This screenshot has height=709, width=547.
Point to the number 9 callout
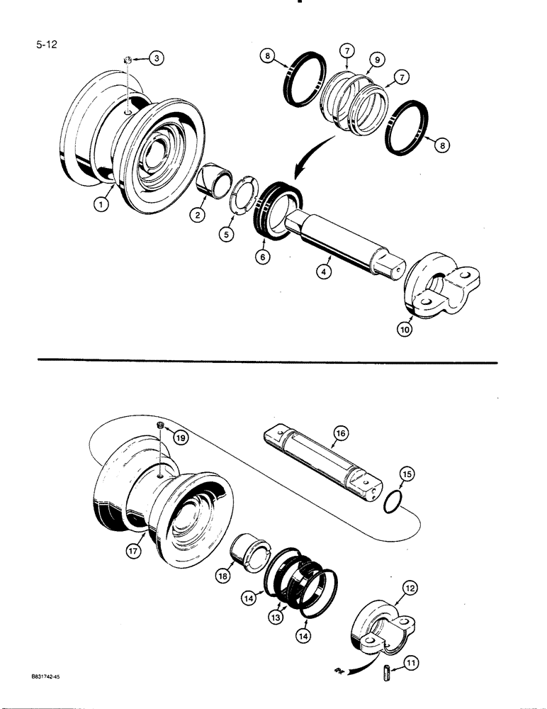tap(378, 61)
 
